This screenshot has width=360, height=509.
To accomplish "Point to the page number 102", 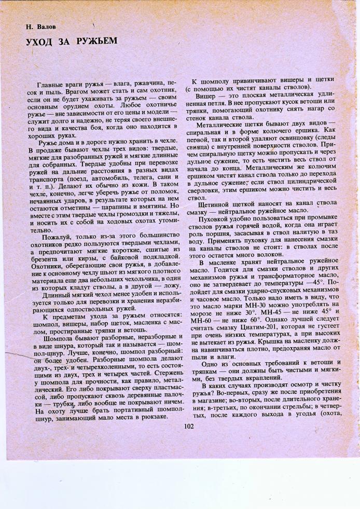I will (x=188, y=427).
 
